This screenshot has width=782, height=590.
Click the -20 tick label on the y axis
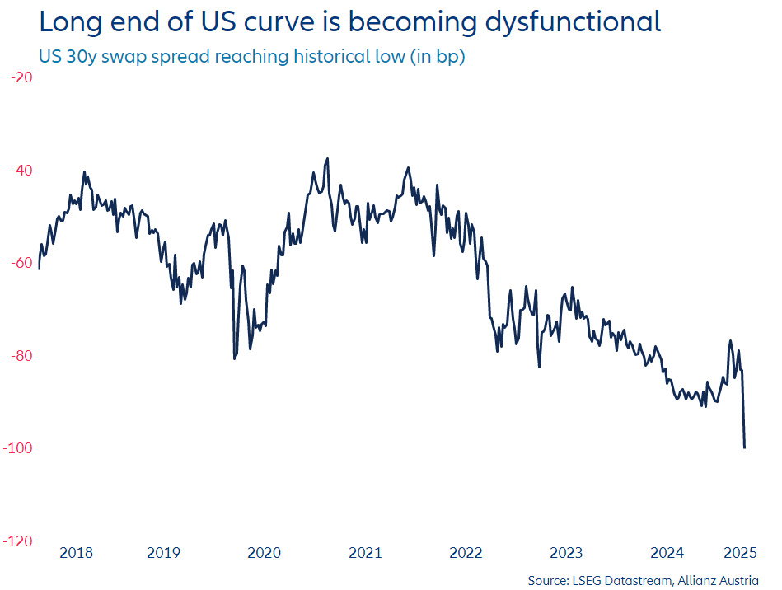tap(21, 77)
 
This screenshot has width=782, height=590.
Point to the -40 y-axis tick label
tap(21, 171)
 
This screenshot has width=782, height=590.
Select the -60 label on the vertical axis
tap(21, 263)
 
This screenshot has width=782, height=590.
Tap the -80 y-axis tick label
tap(21, 356)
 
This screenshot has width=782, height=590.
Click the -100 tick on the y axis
tap(18, 448)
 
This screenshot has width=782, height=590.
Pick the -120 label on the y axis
tap(18, 541)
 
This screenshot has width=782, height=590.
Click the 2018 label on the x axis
tap(77, 553)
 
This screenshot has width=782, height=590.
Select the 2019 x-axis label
tap(164, 553)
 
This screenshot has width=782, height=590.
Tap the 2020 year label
tap(264, 553)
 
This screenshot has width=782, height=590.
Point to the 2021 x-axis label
tap(365, 553)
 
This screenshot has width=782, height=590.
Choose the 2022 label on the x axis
tap(466, 553)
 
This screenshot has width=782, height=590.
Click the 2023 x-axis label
tap(566, 553)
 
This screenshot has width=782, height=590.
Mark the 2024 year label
tap(667, 553)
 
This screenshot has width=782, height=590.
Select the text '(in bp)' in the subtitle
tap(436, 57)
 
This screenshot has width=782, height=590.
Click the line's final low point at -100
tap(745, 447)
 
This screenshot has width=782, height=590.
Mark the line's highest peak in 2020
tap(327, 158)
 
